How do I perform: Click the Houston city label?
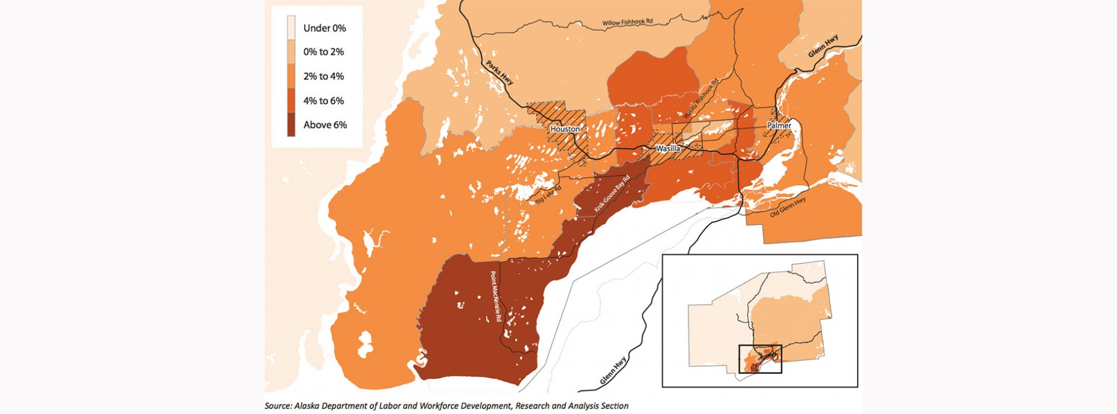click(565, 129)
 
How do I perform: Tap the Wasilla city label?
click(668, 148)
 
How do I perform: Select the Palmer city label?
click(779, 125)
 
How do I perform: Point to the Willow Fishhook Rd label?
click(627, 23)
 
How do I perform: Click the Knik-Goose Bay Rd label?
click(612, 193)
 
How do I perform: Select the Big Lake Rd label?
click(548, 194)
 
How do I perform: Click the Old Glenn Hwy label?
click(788, 207)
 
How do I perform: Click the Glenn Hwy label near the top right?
click(824, 46)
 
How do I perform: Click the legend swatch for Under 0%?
click(291, 27)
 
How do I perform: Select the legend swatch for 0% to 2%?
click(291, 52)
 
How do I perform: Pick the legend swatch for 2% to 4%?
click(291, 76)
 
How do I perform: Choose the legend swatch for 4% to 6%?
click(291, 101)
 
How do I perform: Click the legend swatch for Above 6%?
click(291, 125)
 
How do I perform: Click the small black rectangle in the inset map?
click(760, 359)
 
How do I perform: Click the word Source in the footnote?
click(278, 406)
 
